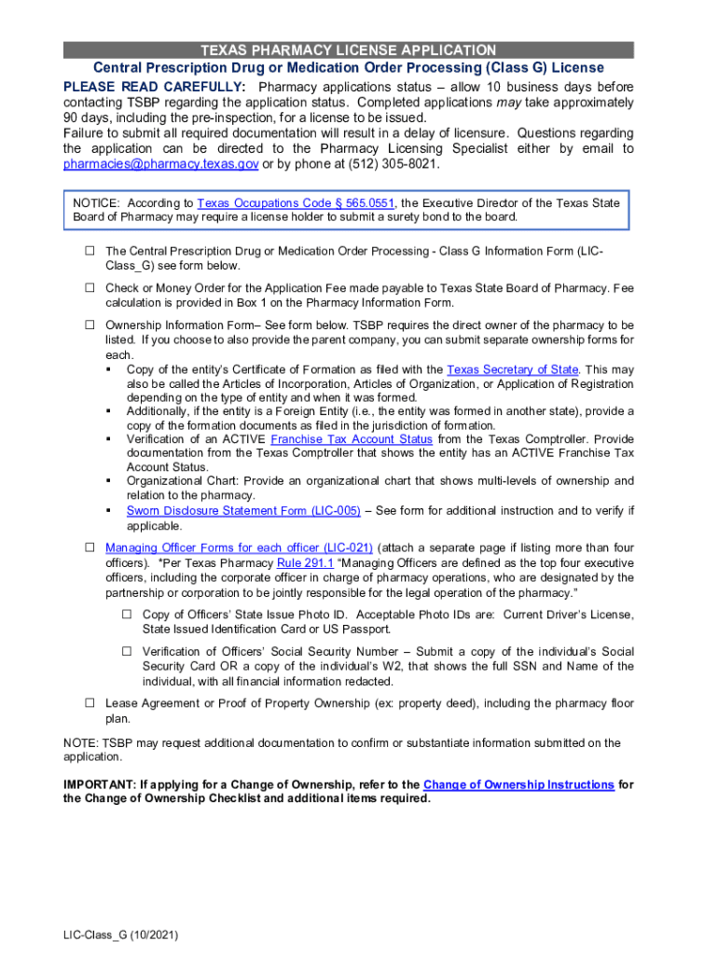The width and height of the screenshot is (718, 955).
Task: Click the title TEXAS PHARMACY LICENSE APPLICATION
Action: (349, 50)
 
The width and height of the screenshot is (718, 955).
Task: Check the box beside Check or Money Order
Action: (90, 288)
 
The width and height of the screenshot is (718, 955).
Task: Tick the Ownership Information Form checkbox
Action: (90, 325)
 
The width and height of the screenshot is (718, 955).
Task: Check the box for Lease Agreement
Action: (90, 702)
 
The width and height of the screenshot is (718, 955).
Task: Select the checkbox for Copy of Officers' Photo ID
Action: (127, 615)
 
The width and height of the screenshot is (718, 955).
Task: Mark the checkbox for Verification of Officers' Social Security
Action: (127, 651)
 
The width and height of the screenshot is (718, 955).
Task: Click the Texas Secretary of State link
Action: (513, 369)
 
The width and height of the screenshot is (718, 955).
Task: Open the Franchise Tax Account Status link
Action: (352, 438)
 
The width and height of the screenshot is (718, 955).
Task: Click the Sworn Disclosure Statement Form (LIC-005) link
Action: (243, 511)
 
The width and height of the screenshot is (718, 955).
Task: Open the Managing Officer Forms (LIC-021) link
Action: (240, 547)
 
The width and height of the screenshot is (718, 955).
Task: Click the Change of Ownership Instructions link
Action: (518, 784)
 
